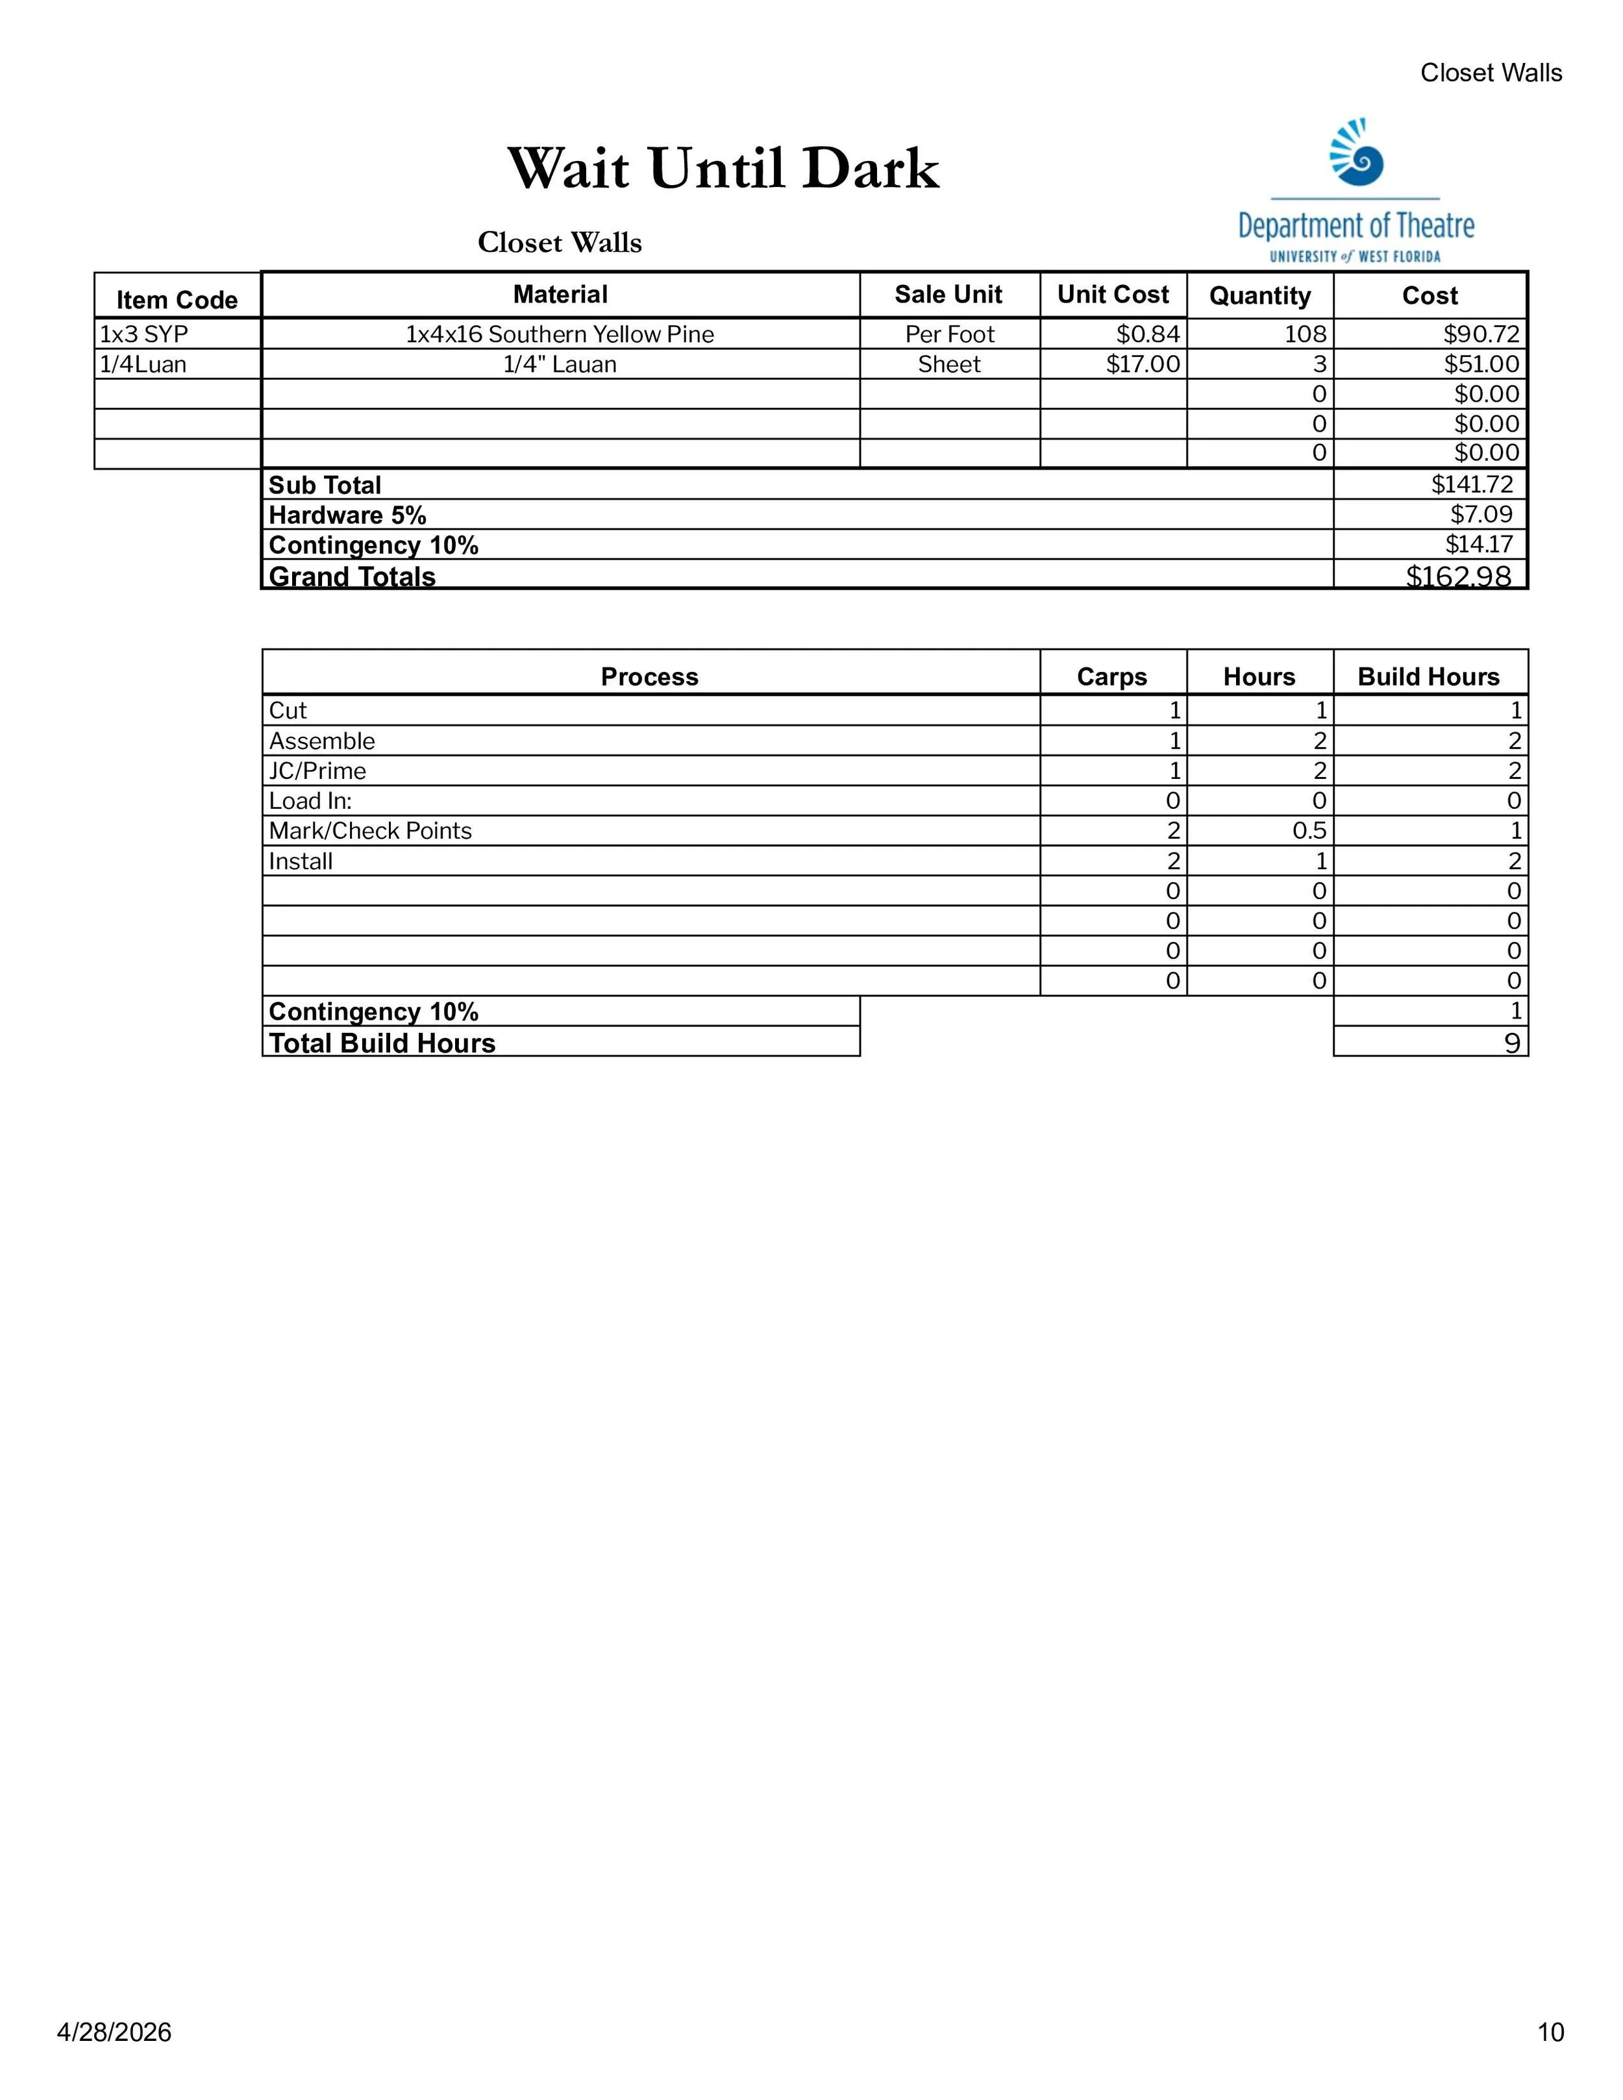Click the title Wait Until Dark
coord(723,169)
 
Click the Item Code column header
coord(177,300)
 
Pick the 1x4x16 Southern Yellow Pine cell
coord(560,334)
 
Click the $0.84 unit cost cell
coord(1147,334)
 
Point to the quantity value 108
coord(1305,334)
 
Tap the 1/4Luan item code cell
coord(143,364)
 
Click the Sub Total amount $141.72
coord(1471,485)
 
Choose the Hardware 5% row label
coord(347,515)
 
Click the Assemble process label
coord(322,741)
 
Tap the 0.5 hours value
coord(1309,831)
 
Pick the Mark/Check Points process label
coord(370,831)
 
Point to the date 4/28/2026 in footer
coord(114,2032)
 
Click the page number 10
coord(1550,2032)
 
